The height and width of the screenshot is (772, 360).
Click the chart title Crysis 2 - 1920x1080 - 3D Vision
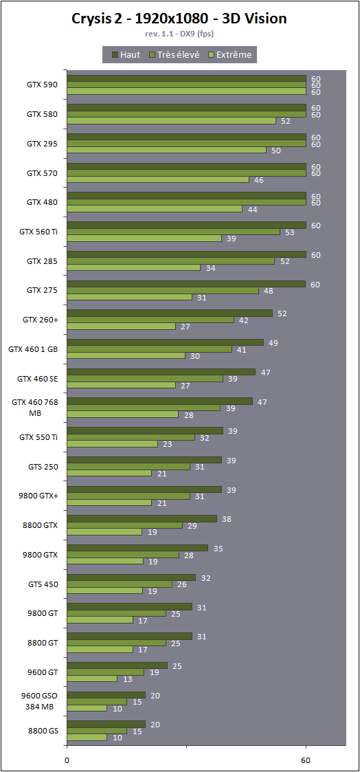(179, 19)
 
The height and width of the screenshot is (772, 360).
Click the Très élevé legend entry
(174, 54)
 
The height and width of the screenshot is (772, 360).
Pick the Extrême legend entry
(230, 54)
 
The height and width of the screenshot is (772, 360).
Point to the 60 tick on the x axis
(306, 760)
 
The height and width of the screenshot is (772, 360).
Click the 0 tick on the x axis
(67, 760)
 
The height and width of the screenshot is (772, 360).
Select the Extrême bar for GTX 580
(171, 120)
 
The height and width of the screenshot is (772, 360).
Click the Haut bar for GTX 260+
(170, 313)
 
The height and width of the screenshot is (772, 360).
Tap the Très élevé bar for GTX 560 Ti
(173, 232)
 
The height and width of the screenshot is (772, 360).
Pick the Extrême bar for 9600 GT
(92, 679)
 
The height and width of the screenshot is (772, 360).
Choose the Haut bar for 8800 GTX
(142, 518)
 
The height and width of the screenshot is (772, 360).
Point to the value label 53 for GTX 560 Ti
(290, 232)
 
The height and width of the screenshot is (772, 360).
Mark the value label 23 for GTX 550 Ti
(168, 444)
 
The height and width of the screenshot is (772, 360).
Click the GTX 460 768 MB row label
(35, 408)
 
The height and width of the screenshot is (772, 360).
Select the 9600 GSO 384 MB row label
(39, 701)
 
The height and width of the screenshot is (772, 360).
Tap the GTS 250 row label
(43, 466)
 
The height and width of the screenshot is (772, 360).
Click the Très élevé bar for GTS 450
(120, 584)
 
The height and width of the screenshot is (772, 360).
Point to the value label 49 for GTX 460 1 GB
(273, 342)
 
